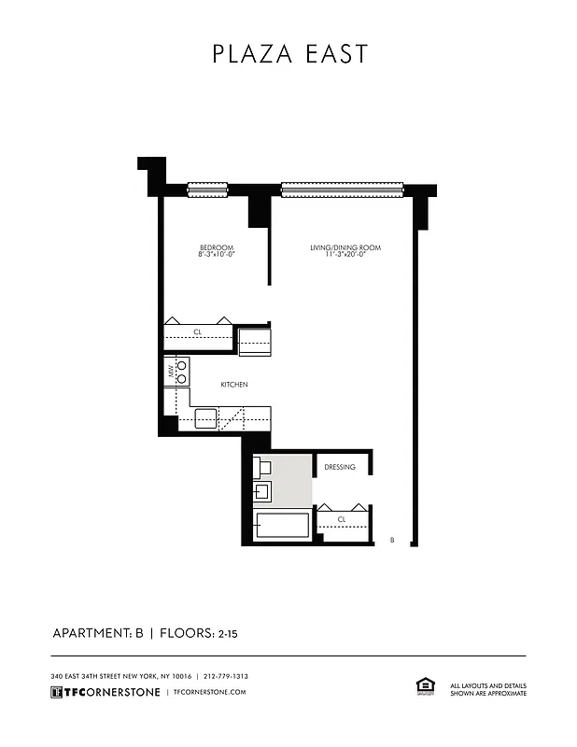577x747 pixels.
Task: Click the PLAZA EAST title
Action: (289, 54)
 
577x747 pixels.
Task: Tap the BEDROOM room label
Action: (215, 247)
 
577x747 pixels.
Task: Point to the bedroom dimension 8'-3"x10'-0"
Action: (215, 255)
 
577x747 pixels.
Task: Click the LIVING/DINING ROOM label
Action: (345, 247)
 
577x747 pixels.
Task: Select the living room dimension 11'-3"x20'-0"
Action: (345, 255)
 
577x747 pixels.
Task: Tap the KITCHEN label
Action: (233, 385)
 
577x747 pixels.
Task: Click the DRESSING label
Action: (340, 467)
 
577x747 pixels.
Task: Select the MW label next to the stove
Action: (171, 372)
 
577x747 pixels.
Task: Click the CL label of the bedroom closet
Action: (197, 331)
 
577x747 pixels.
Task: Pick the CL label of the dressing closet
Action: (342, 519)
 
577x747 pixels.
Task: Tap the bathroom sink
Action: (262, 491)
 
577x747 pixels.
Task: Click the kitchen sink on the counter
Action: (205, 416)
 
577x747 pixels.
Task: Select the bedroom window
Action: (208, 190)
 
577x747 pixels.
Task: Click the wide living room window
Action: (342, 190)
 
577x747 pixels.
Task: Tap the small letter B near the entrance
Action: (392, 540)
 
